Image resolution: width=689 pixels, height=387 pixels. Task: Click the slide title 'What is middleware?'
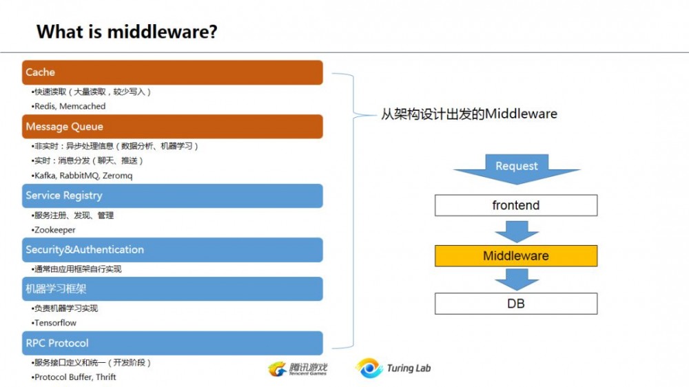coord(127,31)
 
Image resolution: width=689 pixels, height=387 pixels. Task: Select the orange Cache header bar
coord(172,72)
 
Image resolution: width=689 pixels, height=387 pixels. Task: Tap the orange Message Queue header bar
coord(172,127)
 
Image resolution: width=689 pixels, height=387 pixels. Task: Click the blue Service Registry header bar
coord(172,196)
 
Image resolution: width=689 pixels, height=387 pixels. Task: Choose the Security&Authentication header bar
coord(172,249)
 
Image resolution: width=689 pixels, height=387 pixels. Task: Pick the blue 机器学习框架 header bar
coord(172,289)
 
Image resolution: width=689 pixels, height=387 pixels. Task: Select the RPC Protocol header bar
coord(172,343)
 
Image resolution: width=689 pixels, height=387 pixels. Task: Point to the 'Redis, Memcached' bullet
coord(69,107)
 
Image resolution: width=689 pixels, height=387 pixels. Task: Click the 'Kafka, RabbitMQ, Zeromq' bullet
coord(83,176)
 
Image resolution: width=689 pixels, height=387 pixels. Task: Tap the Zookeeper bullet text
coord(54,230)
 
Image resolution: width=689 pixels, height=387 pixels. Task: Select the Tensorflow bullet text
coord(55,323)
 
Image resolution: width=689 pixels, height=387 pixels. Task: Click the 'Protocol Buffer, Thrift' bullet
coord(74,377)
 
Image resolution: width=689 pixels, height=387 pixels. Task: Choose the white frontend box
coord(515,205)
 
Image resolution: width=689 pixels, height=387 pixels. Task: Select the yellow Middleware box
coord(515,255)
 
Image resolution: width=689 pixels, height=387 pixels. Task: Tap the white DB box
coord(515,303)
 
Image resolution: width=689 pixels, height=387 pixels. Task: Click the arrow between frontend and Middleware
coord(516,230)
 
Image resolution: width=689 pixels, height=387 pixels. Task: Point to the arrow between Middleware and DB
coord(516,279)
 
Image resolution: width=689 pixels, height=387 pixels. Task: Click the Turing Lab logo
coord(393,368)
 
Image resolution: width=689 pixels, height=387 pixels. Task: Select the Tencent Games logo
coord(298,369)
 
